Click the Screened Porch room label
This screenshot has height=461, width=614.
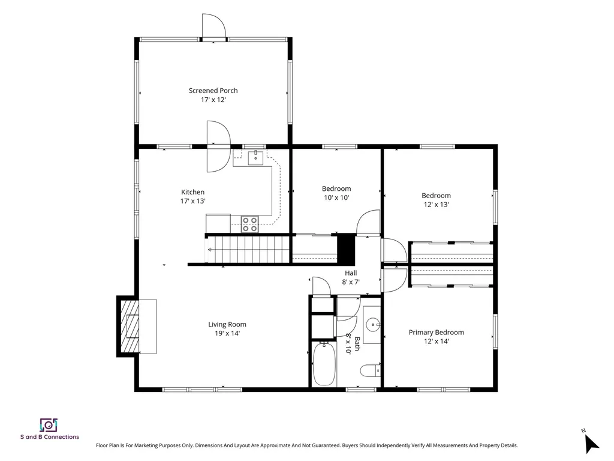tap(213, 91)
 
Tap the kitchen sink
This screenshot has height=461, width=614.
tap(255, 158)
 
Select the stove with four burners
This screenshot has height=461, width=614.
tap(249, 224)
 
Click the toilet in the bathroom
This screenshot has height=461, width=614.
tap(371, 370)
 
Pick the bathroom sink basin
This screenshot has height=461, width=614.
tap(373, 325)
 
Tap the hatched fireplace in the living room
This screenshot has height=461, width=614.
tap(130, 326)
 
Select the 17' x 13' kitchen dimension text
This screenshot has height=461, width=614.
tap(192, 201)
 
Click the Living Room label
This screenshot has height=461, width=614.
tap(227, 324)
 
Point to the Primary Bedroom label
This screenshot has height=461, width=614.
tap(437, 333)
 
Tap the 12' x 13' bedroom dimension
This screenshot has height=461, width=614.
tap(437, 205)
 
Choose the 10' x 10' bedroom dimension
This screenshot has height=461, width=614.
tap(336, 197)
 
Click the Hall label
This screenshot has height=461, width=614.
tap(351, 273)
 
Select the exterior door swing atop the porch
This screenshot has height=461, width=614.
tap(214, 26)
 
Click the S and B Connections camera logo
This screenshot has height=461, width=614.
tap(49, 425)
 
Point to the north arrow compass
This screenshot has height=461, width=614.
tap(591, 442)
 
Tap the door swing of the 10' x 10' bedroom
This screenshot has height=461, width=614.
tap(368, 223)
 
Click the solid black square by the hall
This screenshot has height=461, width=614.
tap(346, 249)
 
